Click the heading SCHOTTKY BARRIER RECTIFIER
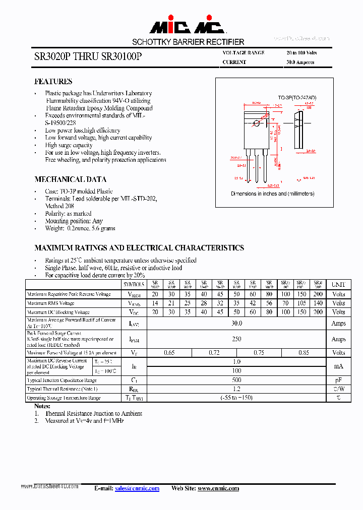(x=188, y=42)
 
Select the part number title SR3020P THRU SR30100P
(x=88, y=57)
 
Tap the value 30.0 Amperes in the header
(x=300, y=62)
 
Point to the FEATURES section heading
(x=53, y=82)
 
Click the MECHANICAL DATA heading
(x=70, y=179)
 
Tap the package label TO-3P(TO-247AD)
(x=297, y=97)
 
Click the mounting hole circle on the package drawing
(x=257, y=123)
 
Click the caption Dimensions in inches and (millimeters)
(x=272, y=194)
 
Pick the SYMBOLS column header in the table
(x=134, y=285)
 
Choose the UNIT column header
(x=338, y=285)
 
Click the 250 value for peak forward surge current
(x=236, y=339)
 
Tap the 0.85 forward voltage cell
(x=304, y=353)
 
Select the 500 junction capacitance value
(x=236, y=380)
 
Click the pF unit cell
(x=338, y=380)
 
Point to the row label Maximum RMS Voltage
(x=51, y=303)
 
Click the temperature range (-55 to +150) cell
(x=236, y=398)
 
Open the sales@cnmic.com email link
(x=137, y=488)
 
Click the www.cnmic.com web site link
(x=218, y=488)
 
